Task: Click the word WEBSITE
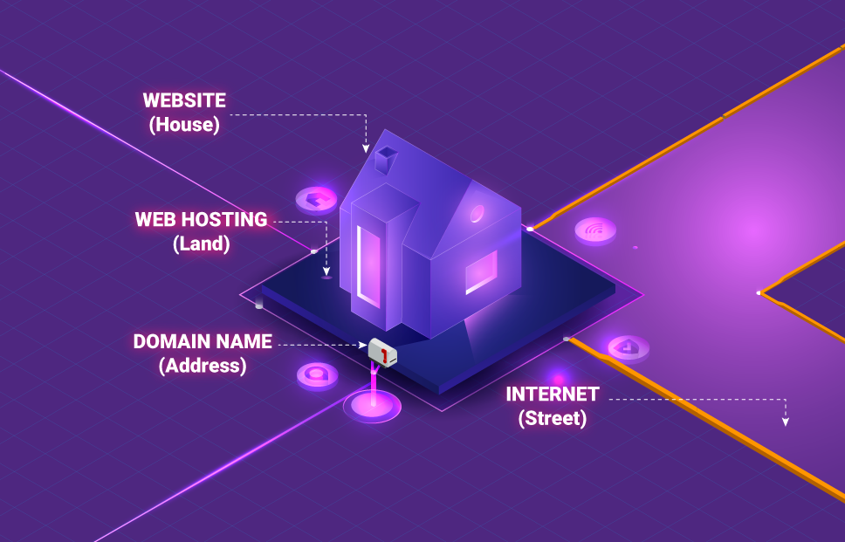click(x=184, y=100)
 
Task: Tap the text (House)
click(x=184, y=125)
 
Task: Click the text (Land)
click(x=202, y=244)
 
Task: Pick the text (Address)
click(x=203, y=366)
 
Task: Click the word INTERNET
click(x=552, y=394)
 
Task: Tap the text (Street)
click(x=552, y=418)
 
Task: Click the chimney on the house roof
click(x=385, y=159)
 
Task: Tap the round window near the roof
click(x=477, y=213)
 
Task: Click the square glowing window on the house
click(x=481, y=271)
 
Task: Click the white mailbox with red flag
click(x=382, y=351)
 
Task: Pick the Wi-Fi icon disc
click(x=595, y=230)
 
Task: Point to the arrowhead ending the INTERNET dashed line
click(x=785, y=422)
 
